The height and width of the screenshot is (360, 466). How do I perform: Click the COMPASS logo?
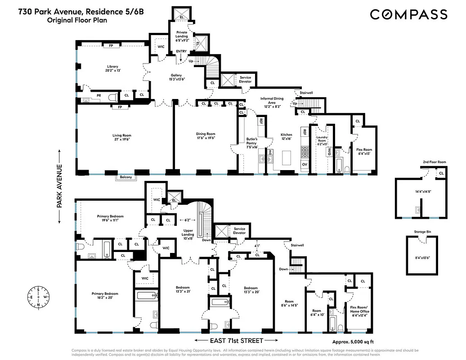[408, 14]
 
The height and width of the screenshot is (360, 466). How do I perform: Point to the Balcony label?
[126, 177]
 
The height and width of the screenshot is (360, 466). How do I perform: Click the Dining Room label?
[205, 134]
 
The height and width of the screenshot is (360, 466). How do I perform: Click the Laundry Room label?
[322, 139]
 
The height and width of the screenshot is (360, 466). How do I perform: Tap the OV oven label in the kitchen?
[305, 164]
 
